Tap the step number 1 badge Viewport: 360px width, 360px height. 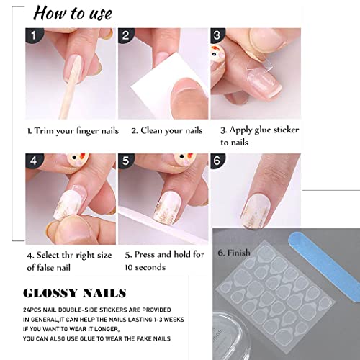[x=30, y=35]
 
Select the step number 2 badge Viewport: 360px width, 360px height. [x=125, y=35]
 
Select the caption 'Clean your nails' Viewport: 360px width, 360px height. [x=166, y=131]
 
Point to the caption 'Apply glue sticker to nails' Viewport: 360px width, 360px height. [x=258, y=136]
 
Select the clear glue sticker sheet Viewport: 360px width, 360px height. [x=274, y=302]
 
